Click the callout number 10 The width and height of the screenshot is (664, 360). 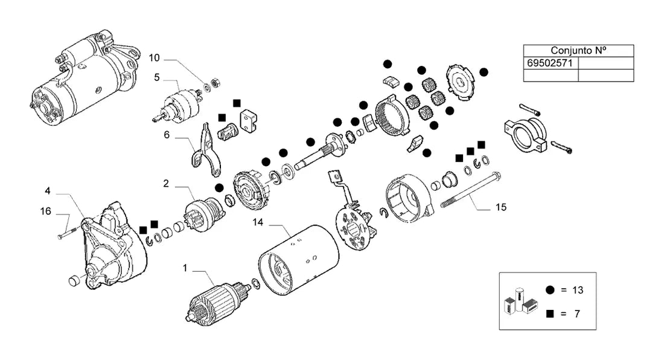154,57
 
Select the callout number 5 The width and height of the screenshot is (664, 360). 157,77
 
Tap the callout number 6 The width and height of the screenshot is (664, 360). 167,135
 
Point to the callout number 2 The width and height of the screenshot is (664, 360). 166,184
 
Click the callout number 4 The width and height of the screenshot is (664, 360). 48,191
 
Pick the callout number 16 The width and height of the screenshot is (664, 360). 45,211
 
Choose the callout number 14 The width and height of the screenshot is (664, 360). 258,222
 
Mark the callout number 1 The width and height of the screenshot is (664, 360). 185,268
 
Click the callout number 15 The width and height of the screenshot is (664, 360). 501,207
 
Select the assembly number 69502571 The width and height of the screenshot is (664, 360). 550,63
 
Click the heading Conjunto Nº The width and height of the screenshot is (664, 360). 578,50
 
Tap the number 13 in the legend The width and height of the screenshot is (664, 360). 578,290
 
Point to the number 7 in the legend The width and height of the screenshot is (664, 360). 576,314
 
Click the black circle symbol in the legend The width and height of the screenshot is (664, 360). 550,290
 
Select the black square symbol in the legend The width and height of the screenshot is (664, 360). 550,314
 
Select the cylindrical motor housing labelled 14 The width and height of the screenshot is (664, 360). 299,260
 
